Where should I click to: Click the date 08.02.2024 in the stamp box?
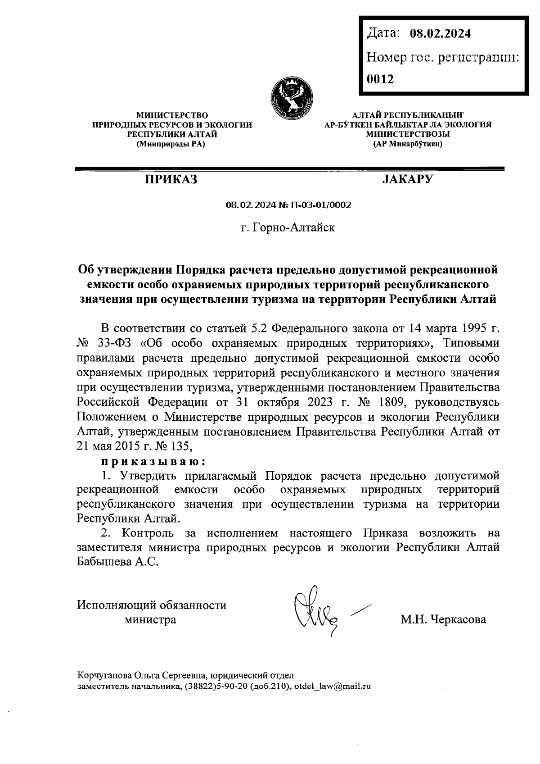pyautogui.click(x=440, y=33)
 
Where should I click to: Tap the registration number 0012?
pyautogui.click(x=380, y=80)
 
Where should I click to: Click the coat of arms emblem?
pyautogui.click(x=292, y=96)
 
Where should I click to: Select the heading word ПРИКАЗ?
pyautogui.click(x=171, y=180)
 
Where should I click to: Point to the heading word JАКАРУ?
pyautogui.click(x=407, y=180)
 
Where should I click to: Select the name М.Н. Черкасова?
pyautogui.click(x=443, y=619)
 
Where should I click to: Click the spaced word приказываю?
pyautogui.click(x=153, y=462)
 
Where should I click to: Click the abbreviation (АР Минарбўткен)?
pyautogui.click(x=408, y=145)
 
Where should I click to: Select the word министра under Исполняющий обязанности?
pyautogui.click(x=150, y=620)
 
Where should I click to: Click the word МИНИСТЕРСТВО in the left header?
pyautogui.click(x=172, y=116)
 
